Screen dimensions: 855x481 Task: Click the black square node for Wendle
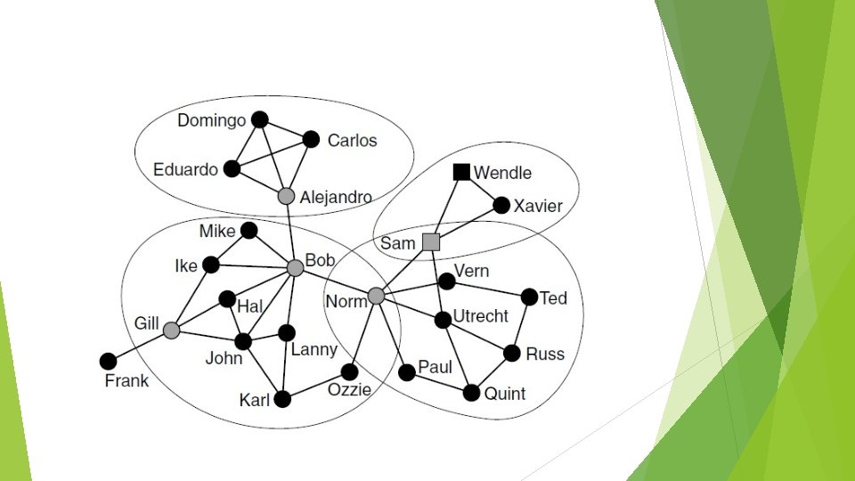[461, 172]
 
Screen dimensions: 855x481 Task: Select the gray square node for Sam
[431, 241]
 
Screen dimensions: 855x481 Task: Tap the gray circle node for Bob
[296, 267]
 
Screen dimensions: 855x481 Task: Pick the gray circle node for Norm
[376, 296]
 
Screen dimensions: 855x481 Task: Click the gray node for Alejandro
[286, 196]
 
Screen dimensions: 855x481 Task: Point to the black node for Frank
[108, 361]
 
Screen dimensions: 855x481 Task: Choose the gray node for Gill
[172, 330]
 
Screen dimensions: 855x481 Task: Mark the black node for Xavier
[501, 206]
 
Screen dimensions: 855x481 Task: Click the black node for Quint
[472, 393]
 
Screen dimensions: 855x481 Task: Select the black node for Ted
[529, 297]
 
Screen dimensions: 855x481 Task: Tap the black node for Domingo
[259, 119]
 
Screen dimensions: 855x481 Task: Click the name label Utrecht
[481, 316]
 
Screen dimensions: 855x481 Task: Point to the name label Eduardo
[185, 169]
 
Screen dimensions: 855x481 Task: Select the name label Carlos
[352, 141]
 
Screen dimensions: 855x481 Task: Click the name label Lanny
[313, 350]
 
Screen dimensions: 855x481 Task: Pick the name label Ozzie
[349, 389]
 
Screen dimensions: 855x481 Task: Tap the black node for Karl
[282, 399]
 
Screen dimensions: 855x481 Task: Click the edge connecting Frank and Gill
[140, 346]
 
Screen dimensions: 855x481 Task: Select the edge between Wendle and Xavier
[482, 189]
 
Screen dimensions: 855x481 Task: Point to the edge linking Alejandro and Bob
[291, 232]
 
